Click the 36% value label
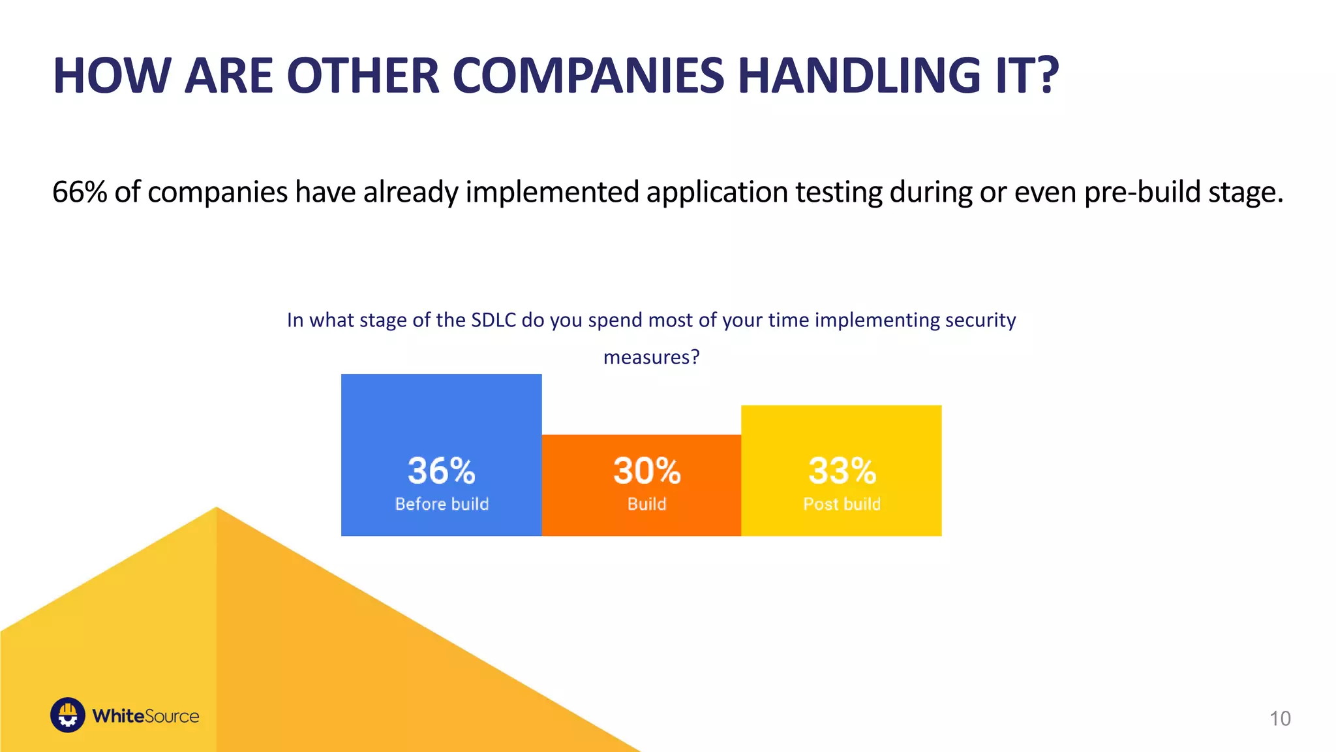pos(442,471)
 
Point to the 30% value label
pos(646,471)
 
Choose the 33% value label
pos(842,471)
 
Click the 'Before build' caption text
pos(442,504)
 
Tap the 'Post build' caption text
pos(842,504)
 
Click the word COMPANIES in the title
pos(588,76)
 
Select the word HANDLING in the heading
pos(860,76)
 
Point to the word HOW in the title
pos(112,76)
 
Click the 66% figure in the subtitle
pos(79,192)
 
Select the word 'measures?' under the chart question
pos(651,357)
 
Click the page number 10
pos(1280,718)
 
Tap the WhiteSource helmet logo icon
pos(68,715)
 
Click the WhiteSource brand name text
pos(145,716)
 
